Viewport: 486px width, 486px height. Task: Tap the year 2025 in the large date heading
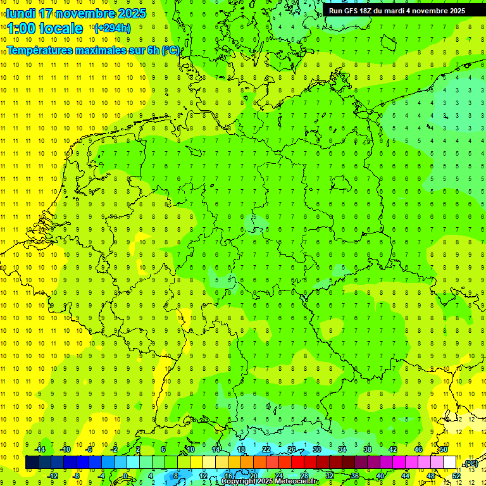click(132, 13)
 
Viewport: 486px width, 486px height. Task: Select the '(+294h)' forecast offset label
click(112, 28)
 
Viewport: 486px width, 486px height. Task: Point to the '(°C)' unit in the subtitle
click(171, 50)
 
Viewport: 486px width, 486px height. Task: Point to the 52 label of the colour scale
click(456, 475)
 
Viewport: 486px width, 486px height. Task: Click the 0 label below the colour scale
click(125, 475)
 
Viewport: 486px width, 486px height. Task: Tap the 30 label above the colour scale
click(317, 449)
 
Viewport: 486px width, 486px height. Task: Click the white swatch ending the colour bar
click(450, 462)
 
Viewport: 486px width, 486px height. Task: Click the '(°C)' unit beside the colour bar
click(470, 464)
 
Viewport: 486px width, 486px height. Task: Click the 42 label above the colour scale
click(393, 449)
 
